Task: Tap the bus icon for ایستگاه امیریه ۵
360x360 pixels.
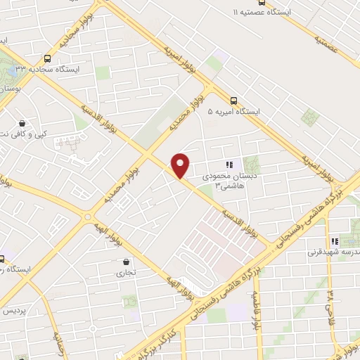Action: (x=233, y=100)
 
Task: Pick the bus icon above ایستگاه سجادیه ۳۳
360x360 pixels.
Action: (x=47, y=59)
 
